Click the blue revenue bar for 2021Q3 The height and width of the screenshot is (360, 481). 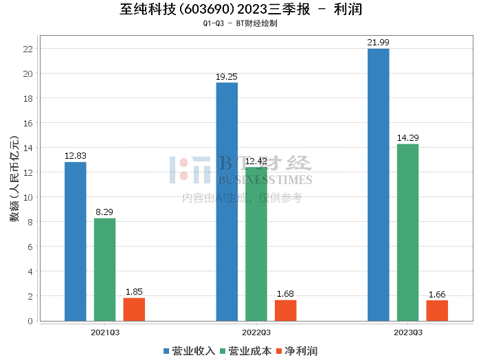tap(76, 241)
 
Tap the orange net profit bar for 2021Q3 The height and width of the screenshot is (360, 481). tap(134, 309)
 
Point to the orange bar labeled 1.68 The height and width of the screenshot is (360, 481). tap(285, 311)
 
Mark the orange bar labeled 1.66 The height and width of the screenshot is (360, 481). tap(437, 311)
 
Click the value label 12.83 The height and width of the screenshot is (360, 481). tap(76, 156)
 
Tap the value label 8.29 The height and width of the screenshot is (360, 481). tap(105, 212)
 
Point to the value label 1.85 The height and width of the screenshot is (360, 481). tap(134, 292)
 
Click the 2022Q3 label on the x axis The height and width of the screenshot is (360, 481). tap(256, 332)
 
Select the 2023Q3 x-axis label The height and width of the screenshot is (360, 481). tap(407, 332)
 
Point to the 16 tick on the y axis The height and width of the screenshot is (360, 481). tap(28, 123)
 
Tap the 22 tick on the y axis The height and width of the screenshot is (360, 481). tap(28, 49)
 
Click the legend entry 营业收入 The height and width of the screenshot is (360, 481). tap(189, 350)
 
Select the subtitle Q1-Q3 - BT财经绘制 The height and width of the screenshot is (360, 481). tap(240, 23)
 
